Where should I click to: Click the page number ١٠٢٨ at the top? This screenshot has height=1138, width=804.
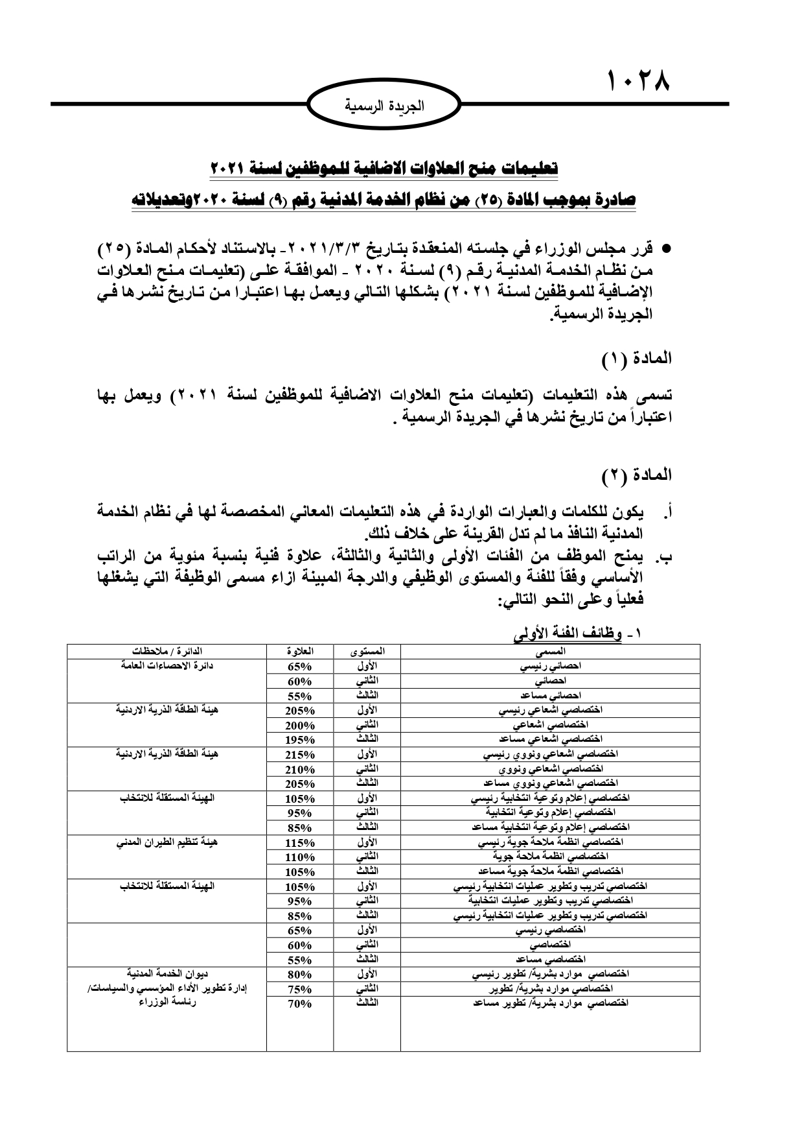[637, 82]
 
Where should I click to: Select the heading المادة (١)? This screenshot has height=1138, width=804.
[637, 357]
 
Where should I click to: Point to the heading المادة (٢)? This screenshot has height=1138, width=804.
[637, 475]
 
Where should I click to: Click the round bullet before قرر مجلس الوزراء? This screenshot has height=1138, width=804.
[664, 249]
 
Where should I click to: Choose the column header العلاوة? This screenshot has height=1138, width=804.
[300, 650]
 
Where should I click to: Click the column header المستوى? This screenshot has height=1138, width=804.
[367, 650]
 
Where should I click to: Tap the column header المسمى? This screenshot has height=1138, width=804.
[551, 650]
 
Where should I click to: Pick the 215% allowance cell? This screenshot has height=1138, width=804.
[300, 755]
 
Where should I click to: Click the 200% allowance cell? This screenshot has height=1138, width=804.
[300, 725]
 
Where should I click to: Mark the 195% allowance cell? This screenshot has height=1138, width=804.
[300, 740]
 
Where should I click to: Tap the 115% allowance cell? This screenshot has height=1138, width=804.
[300, 843]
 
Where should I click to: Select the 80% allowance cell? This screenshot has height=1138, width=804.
[300, 975]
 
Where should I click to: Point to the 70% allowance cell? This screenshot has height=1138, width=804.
[300, 1004]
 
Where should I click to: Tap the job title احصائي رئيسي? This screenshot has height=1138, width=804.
[551, 666]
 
